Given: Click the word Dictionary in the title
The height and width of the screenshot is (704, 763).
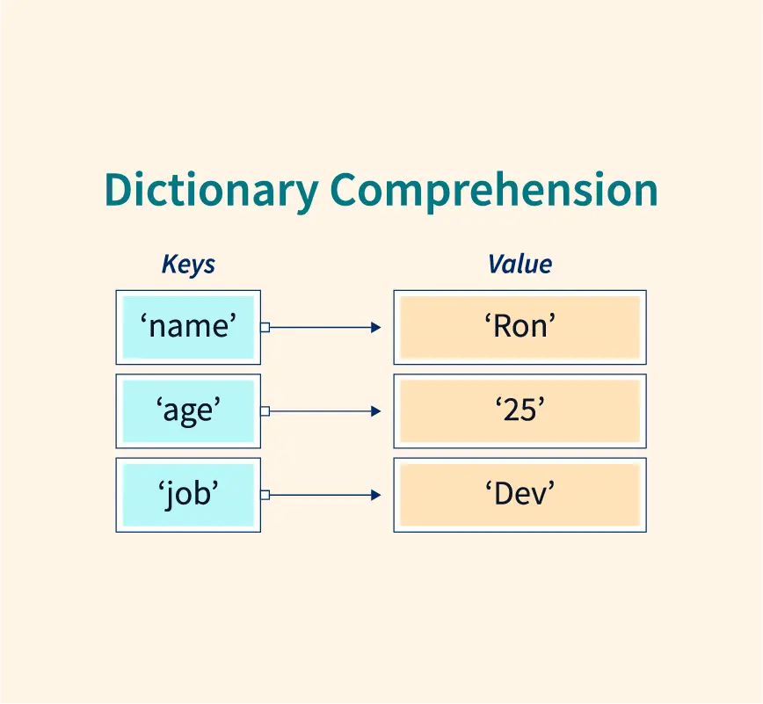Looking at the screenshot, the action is coord(212,191).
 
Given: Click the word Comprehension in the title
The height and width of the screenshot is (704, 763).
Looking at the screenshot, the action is coord(494,191).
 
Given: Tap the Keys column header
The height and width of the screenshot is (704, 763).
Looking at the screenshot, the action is coord(188,265).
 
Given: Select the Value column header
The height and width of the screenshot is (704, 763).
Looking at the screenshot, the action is coord(520,265).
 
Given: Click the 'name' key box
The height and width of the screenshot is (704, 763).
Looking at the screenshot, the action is coord(188,328).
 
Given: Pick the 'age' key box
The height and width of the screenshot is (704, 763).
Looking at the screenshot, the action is coord(188,411).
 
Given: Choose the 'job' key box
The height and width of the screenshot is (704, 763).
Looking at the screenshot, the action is coord(188,495).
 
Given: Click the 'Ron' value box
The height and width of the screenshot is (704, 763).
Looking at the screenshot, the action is coord(520,328).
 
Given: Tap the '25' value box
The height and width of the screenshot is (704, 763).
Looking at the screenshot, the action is coord(520,411).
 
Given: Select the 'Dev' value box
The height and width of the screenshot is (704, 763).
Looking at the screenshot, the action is coord(520,495).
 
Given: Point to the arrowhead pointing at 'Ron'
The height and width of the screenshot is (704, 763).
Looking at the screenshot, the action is coord(375,328).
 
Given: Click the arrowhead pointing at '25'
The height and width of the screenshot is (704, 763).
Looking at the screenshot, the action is coord(375,411).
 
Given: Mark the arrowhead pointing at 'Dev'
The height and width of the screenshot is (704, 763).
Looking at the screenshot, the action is coord(375,495).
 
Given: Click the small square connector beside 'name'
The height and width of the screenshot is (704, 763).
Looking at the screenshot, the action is coord(265,328).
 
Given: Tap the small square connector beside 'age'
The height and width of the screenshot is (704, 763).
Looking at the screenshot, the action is coord(265,411).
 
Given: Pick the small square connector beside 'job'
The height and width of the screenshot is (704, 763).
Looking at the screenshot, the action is coord(265,495).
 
